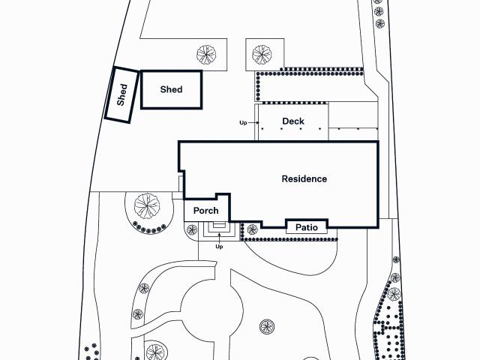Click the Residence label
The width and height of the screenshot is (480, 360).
point(304,178)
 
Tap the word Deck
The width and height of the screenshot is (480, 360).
point(293,121)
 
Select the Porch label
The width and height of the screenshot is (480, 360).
point(206,211)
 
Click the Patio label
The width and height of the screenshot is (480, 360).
point(307,227)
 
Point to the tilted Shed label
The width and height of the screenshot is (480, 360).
point(121,95)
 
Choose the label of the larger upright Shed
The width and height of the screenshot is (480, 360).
point(171,89)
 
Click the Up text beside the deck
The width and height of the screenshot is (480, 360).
point(243,123)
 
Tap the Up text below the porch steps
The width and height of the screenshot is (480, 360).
point(219,247)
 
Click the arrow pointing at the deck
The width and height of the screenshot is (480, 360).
point(253,123)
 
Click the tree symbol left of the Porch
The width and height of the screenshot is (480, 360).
point(147,205)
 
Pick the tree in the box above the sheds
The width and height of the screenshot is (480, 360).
point(206,55)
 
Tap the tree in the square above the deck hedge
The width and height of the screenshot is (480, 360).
point(262,55)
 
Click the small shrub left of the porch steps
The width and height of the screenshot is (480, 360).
point(192,230)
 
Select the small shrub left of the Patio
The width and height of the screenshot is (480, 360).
point(253,229)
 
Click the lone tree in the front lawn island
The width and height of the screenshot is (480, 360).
point(267,327)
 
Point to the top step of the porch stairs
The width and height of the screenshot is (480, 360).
point(219,225)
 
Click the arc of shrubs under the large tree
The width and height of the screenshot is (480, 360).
point(150,229)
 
